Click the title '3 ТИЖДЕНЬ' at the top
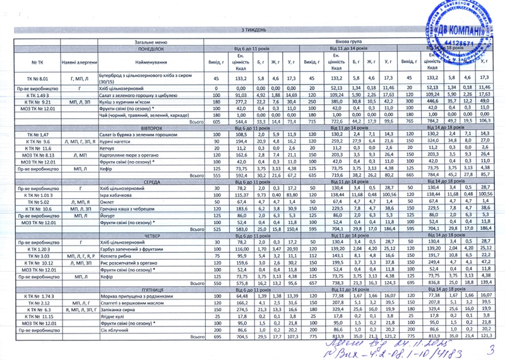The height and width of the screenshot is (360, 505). [254, 30]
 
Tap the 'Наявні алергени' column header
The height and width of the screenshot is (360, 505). [76, 63]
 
